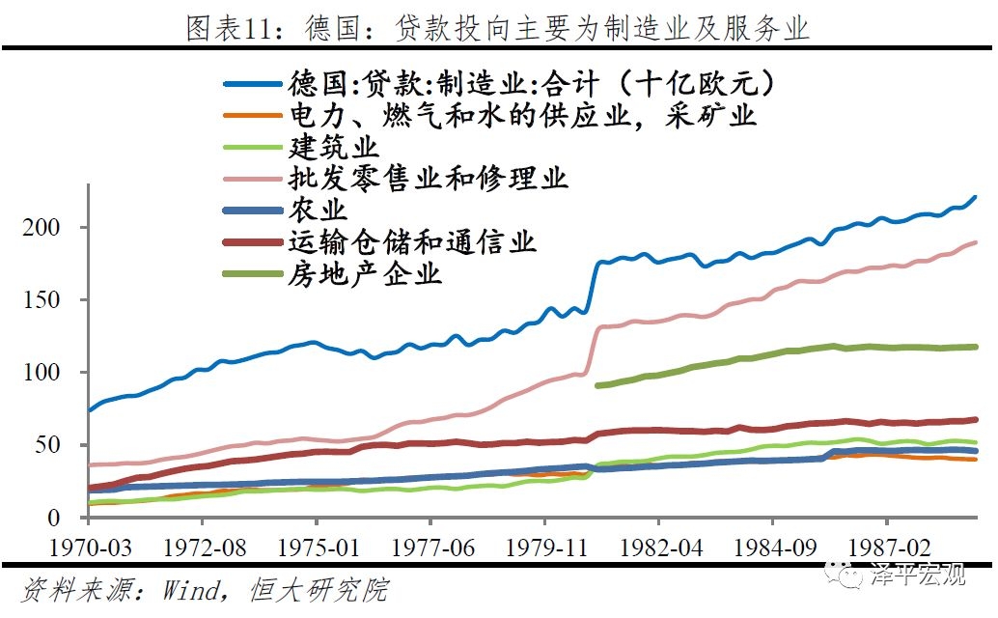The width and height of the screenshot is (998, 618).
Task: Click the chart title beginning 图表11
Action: (x=498, y=28)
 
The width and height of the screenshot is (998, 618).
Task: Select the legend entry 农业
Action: (x=317, y=210)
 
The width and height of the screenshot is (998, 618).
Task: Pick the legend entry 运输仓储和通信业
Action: (x=411, y=241)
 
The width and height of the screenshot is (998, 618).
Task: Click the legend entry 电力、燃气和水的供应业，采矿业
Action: (x=522, y=116)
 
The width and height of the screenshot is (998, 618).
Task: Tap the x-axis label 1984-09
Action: (x=772, y=548)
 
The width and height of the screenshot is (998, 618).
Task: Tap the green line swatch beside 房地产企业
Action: (x=254, y=274)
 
